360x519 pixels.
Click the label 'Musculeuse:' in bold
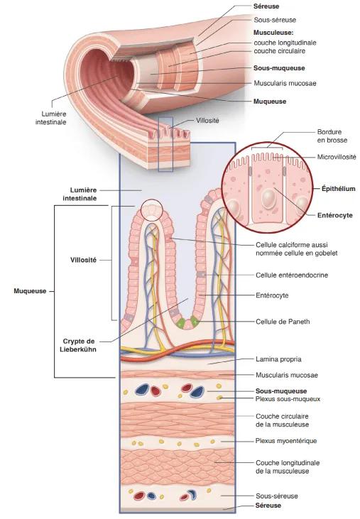(x=274, y=33)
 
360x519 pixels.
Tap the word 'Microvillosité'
(x=337, y=157)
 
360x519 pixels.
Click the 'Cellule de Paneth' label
(x=283, y=321)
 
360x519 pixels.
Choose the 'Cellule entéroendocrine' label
(x=292, y=275)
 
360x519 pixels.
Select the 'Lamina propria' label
(x=278, y=360)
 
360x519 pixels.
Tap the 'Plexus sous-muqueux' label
(x=288, y=399)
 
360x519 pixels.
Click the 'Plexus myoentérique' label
(x=286, y=441)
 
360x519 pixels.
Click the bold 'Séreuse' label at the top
(x=266, y=6)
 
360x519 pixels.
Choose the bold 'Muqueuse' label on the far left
(x=30, y=291)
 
